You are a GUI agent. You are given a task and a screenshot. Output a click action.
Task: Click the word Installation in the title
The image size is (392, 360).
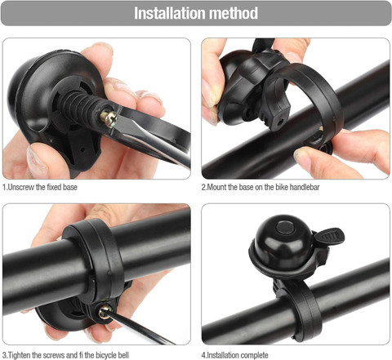[x=170, y=14]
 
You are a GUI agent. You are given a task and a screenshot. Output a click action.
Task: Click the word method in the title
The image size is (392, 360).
[x=232, y=14]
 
